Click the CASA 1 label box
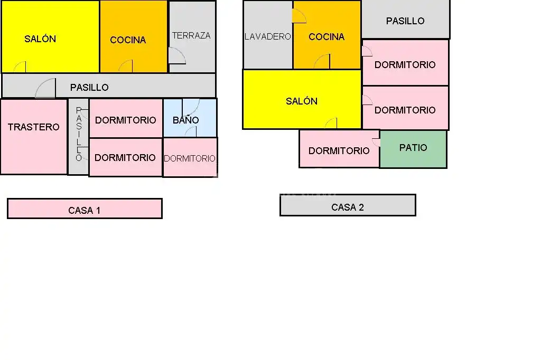point(85,209)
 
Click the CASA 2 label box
point(348,205)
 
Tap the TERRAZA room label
point(191,35)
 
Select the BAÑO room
point(190,118)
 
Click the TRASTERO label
point(34,127)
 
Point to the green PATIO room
point(413,149)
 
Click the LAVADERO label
point(268,36)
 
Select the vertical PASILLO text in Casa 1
point(79,134)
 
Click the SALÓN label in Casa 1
point(40,39)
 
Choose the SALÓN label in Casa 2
point(302,101)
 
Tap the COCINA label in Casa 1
point(128,40)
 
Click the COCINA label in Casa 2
point(327,36)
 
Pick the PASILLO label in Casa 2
point(405,21)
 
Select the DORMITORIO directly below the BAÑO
point(190,157)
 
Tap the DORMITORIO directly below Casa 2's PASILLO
point(405,62)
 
